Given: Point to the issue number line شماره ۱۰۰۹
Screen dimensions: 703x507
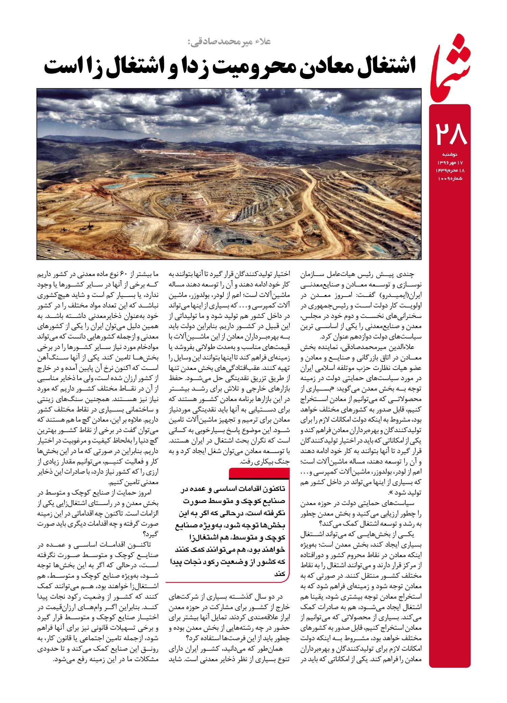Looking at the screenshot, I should point(450,178).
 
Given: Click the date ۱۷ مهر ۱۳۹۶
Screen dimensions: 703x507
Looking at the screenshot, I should point(450,162).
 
